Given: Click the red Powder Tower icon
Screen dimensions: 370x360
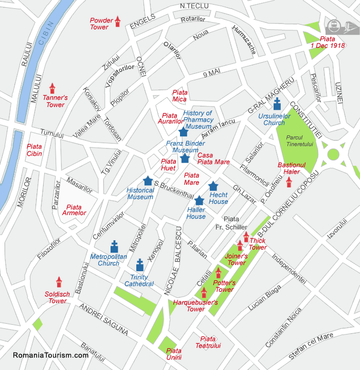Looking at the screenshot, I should click(x=117, y=21).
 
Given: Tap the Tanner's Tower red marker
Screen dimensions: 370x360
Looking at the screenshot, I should click(x=52, y=89).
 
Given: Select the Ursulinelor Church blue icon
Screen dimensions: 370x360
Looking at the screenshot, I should click(x=277, y=104).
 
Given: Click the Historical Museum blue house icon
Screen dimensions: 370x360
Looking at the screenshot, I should click(x=148, y=181).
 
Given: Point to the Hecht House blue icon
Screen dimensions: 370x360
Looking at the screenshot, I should click(x=213, y=186).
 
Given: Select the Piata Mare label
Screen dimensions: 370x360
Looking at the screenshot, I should click(x=191, y=179).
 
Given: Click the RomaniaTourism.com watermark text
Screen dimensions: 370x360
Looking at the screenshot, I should click(x=50, y=355).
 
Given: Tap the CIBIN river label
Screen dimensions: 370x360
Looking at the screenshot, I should click(x=49, y=36).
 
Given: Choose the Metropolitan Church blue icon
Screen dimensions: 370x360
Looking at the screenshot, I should click(x=114, y=246).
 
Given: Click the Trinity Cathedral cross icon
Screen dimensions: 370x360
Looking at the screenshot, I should click(x=139, y=266).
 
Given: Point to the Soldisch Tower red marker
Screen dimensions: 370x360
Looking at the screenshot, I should click(x=59, y=282).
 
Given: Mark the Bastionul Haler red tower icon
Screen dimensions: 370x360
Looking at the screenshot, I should click(x=289, y=182).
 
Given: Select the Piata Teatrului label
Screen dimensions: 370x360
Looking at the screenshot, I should click(x=208, y=342).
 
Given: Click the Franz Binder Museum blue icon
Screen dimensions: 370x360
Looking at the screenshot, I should click(x=185, y=157).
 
